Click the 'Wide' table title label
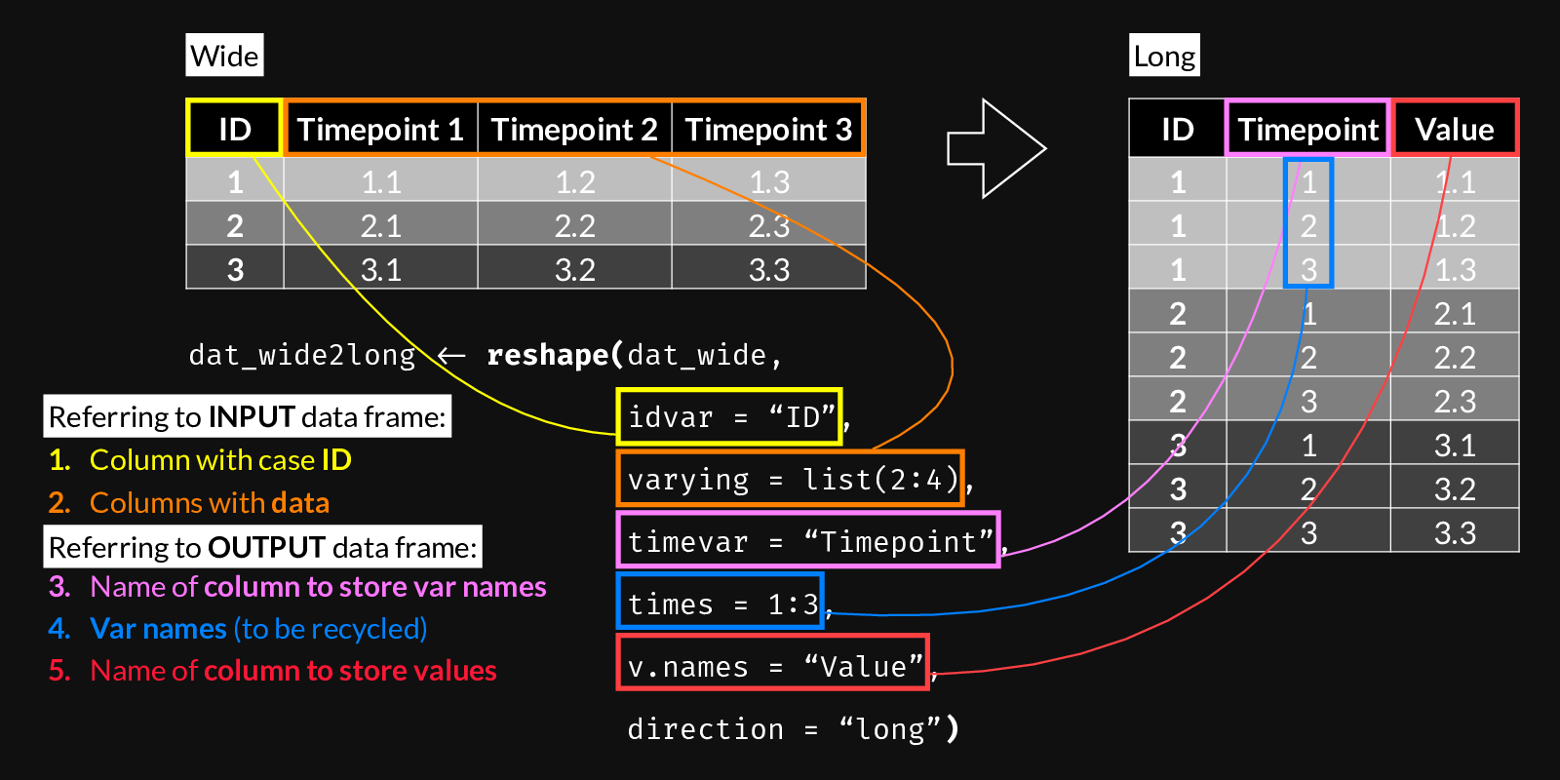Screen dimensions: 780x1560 point(224,56)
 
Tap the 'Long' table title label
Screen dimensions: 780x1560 point(1164,56)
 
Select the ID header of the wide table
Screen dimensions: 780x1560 point(234,129)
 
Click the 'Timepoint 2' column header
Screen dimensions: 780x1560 point(574,129)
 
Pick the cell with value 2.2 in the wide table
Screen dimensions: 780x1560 point(574,225)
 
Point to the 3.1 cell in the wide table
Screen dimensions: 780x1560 point(380,269)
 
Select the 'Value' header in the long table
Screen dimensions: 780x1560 point(1454,129)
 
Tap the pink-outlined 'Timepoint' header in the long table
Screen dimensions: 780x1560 point(1307,129)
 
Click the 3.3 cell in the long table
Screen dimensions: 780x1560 point(1454,532)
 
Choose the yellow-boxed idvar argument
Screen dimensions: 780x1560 point(729,417)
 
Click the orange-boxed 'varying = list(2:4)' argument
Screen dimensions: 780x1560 point(791,479)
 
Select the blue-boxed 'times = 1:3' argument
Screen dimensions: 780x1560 point(721,604)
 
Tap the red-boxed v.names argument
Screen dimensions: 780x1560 point(773,666)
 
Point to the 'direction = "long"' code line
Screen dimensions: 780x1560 point(793,728)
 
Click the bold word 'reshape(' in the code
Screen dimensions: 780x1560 point(554,354)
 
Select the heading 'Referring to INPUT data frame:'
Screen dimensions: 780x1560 point(248,417)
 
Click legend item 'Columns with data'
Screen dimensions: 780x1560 point(209,502)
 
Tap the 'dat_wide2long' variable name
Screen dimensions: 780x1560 point(302,354)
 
